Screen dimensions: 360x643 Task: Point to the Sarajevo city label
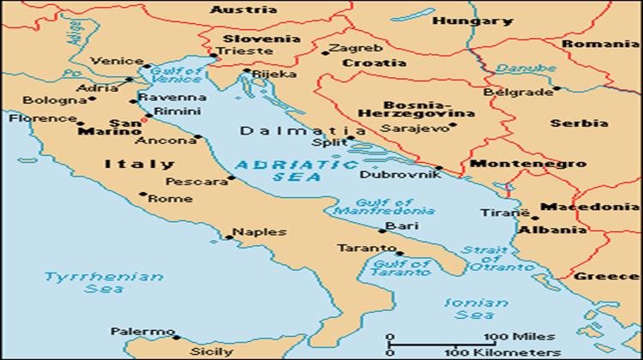(x=418, y=127)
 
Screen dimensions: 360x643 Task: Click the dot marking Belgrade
(x=556, y=87)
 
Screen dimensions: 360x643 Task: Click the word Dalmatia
(x=292, y=131)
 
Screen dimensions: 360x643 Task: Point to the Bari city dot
(x=382, y=230)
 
